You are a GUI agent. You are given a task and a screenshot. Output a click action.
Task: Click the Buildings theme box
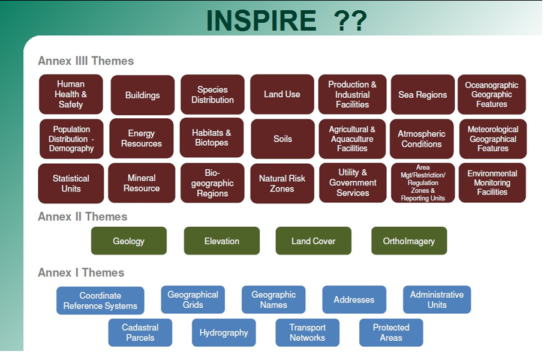click(x=143, y=95)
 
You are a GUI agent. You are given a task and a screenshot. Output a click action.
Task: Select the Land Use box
click(x=282, y=94)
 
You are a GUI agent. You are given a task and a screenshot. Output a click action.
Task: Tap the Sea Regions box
click(x=423, y=94)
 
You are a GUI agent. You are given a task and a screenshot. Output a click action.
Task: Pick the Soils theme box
click(x=282, y=139)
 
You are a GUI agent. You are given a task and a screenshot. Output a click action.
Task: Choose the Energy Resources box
click(x=142, y=138)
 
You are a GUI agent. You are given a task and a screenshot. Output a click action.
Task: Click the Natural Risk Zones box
click(x=282, y=183)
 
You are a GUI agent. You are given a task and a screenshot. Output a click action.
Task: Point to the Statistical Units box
click(x=71, y=183)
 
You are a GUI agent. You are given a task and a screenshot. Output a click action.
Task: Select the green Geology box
click(x=129, y=241)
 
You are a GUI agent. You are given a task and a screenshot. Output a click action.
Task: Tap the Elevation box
click(x=222, y=241)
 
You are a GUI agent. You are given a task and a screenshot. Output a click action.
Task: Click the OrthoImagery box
click(x=409, y=241)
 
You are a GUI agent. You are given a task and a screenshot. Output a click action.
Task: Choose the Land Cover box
click(x=313, y=241)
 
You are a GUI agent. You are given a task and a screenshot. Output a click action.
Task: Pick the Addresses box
click(x=354, y=299)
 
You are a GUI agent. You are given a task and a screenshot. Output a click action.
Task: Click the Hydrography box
click(x=224, y=332)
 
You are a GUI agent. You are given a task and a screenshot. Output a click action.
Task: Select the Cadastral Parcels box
click(x=140, y=332)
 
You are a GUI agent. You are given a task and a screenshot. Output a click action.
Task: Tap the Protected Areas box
click(x=391, y=332)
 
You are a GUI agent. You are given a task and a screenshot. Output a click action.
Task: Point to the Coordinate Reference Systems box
click(x=100, y=300)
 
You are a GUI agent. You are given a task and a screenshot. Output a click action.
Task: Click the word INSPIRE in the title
click(x=262, y=20)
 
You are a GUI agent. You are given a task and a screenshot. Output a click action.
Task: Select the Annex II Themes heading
click(x=83, y=217)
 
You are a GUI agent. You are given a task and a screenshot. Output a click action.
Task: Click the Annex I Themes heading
click(x=81, y=272)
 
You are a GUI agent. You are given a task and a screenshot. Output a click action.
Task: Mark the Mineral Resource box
click(x=142, y=183)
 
